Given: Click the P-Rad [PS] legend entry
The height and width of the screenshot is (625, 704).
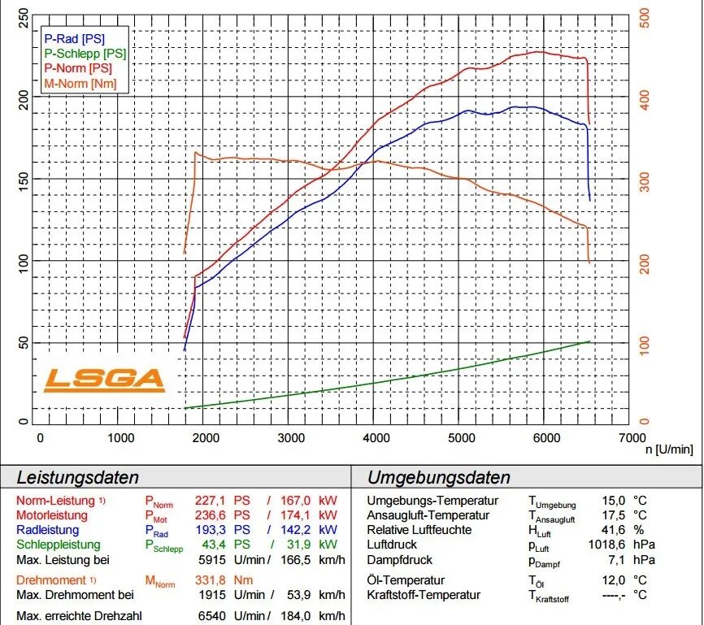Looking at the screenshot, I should pyautogui.click(x=74, y=37).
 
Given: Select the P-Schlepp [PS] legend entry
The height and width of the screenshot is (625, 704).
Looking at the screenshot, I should pyautogui.click(x=85, y=53).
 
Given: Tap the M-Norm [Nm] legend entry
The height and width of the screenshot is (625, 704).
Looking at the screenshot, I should pyautogui.click(x=80, y=83).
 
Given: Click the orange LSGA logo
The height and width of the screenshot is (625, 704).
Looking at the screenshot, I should pyautogui.click(x=103, y=379).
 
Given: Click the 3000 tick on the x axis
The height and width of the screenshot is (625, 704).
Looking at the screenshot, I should pyautogui.click(x=291, y=437).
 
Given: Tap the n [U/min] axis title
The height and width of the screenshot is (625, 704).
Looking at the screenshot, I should pyautogui.click(x=669, y=449).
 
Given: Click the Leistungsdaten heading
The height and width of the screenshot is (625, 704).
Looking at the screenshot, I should pyautogui.click(x=78, y=477).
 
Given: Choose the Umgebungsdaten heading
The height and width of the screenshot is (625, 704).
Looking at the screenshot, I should pyautogui.click(x=438, y=477).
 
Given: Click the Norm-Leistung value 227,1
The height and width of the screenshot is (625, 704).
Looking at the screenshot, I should pyautogui.click(x=210, y=500).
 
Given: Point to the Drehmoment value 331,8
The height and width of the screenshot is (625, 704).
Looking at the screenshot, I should pyautogui.click(x=210, y=580).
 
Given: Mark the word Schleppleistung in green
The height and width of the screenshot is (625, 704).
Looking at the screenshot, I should pyautogui.click(x=59, y=545).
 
